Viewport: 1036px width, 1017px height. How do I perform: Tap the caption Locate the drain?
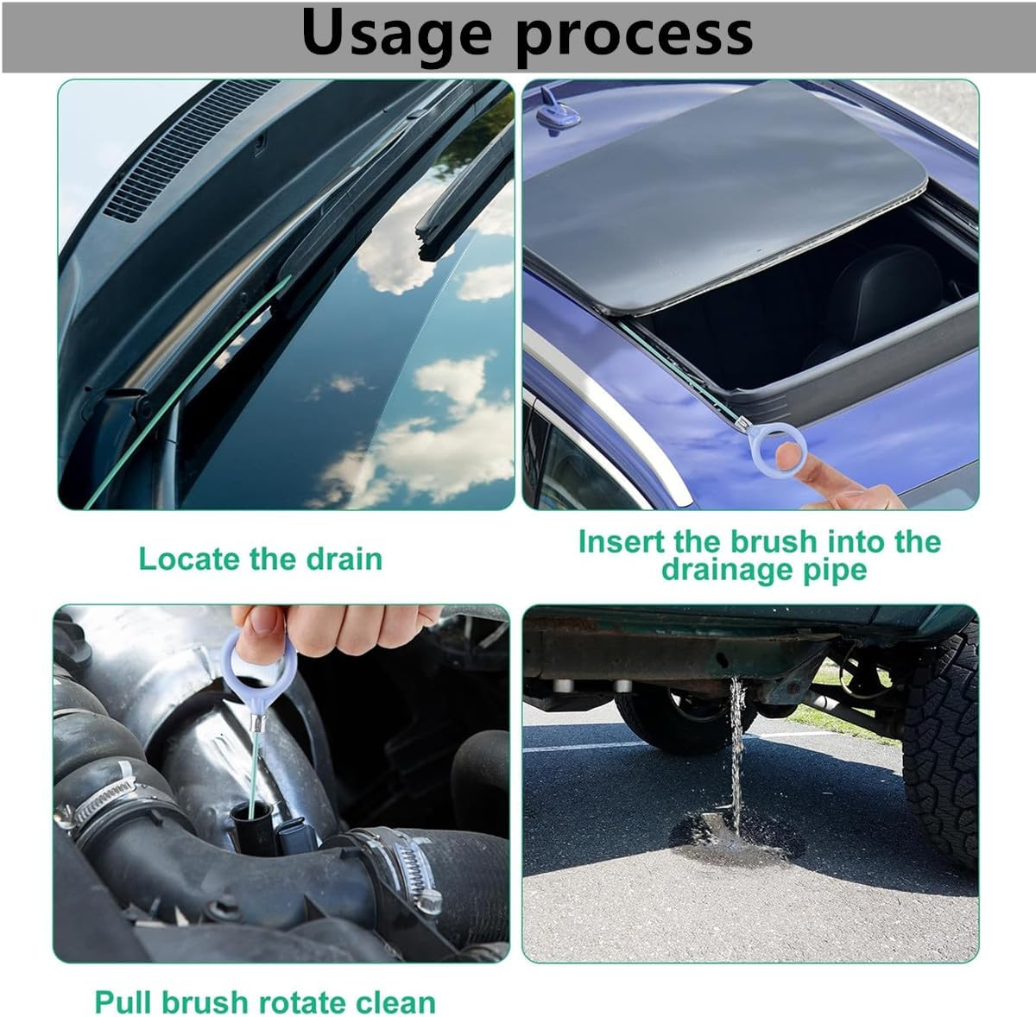260,559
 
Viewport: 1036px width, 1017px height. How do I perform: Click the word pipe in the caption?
835,570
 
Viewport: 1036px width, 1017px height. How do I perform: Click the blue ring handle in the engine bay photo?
258,669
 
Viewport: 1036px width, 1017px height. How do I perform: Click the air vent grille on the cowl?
181,147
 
